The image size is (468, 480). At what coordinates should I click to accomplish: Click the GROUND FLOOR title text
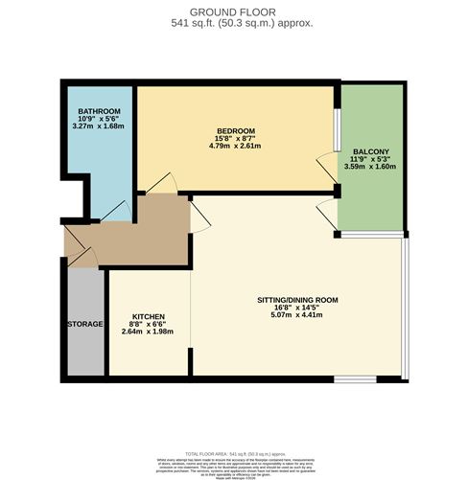point(234,11)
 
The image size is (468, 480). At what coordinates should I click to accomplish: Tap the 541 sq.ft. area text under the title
point(234,23)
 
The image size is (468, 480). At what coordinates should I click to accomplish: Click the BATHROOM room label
point(99,112)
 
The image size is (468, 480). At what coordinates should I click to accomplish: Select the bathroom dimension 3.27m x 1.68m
point(99,125)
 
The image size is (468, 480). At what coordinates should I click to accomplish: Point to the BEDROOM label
point(235,130)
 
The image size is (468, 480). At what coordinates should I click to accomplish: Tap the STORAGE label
point(84,325)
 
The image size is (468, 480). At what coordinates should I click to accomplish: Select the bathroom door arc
point(115,210)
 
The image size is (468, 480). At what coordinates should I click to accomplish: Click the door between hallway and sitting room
point(200,218)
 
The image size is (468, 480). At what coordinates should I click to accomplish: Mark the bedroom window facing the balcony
point(336,128)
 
